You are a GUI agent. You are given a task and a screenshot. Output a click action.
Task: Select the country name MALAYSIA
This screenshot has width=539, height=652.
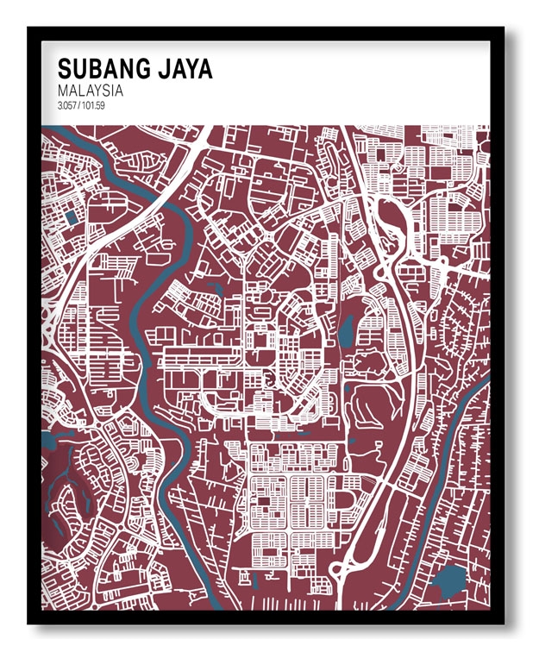(x=90, y=91)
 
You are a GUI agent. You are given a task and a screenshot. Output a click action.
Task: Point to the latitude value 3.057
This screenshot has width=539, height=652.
(x=68, y=106)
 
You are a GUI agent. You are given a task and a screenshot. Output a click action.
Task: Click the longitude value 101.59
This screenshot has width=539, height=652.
(x=96, y=106)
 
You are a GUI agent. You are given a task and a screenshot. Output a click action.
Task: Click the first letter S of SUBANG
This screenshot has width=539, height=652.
(x=64, y=69)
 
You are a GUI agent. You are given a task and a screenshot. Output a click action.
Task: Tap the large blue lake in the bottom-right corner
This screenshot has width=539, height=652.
(x=447, y=580)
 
